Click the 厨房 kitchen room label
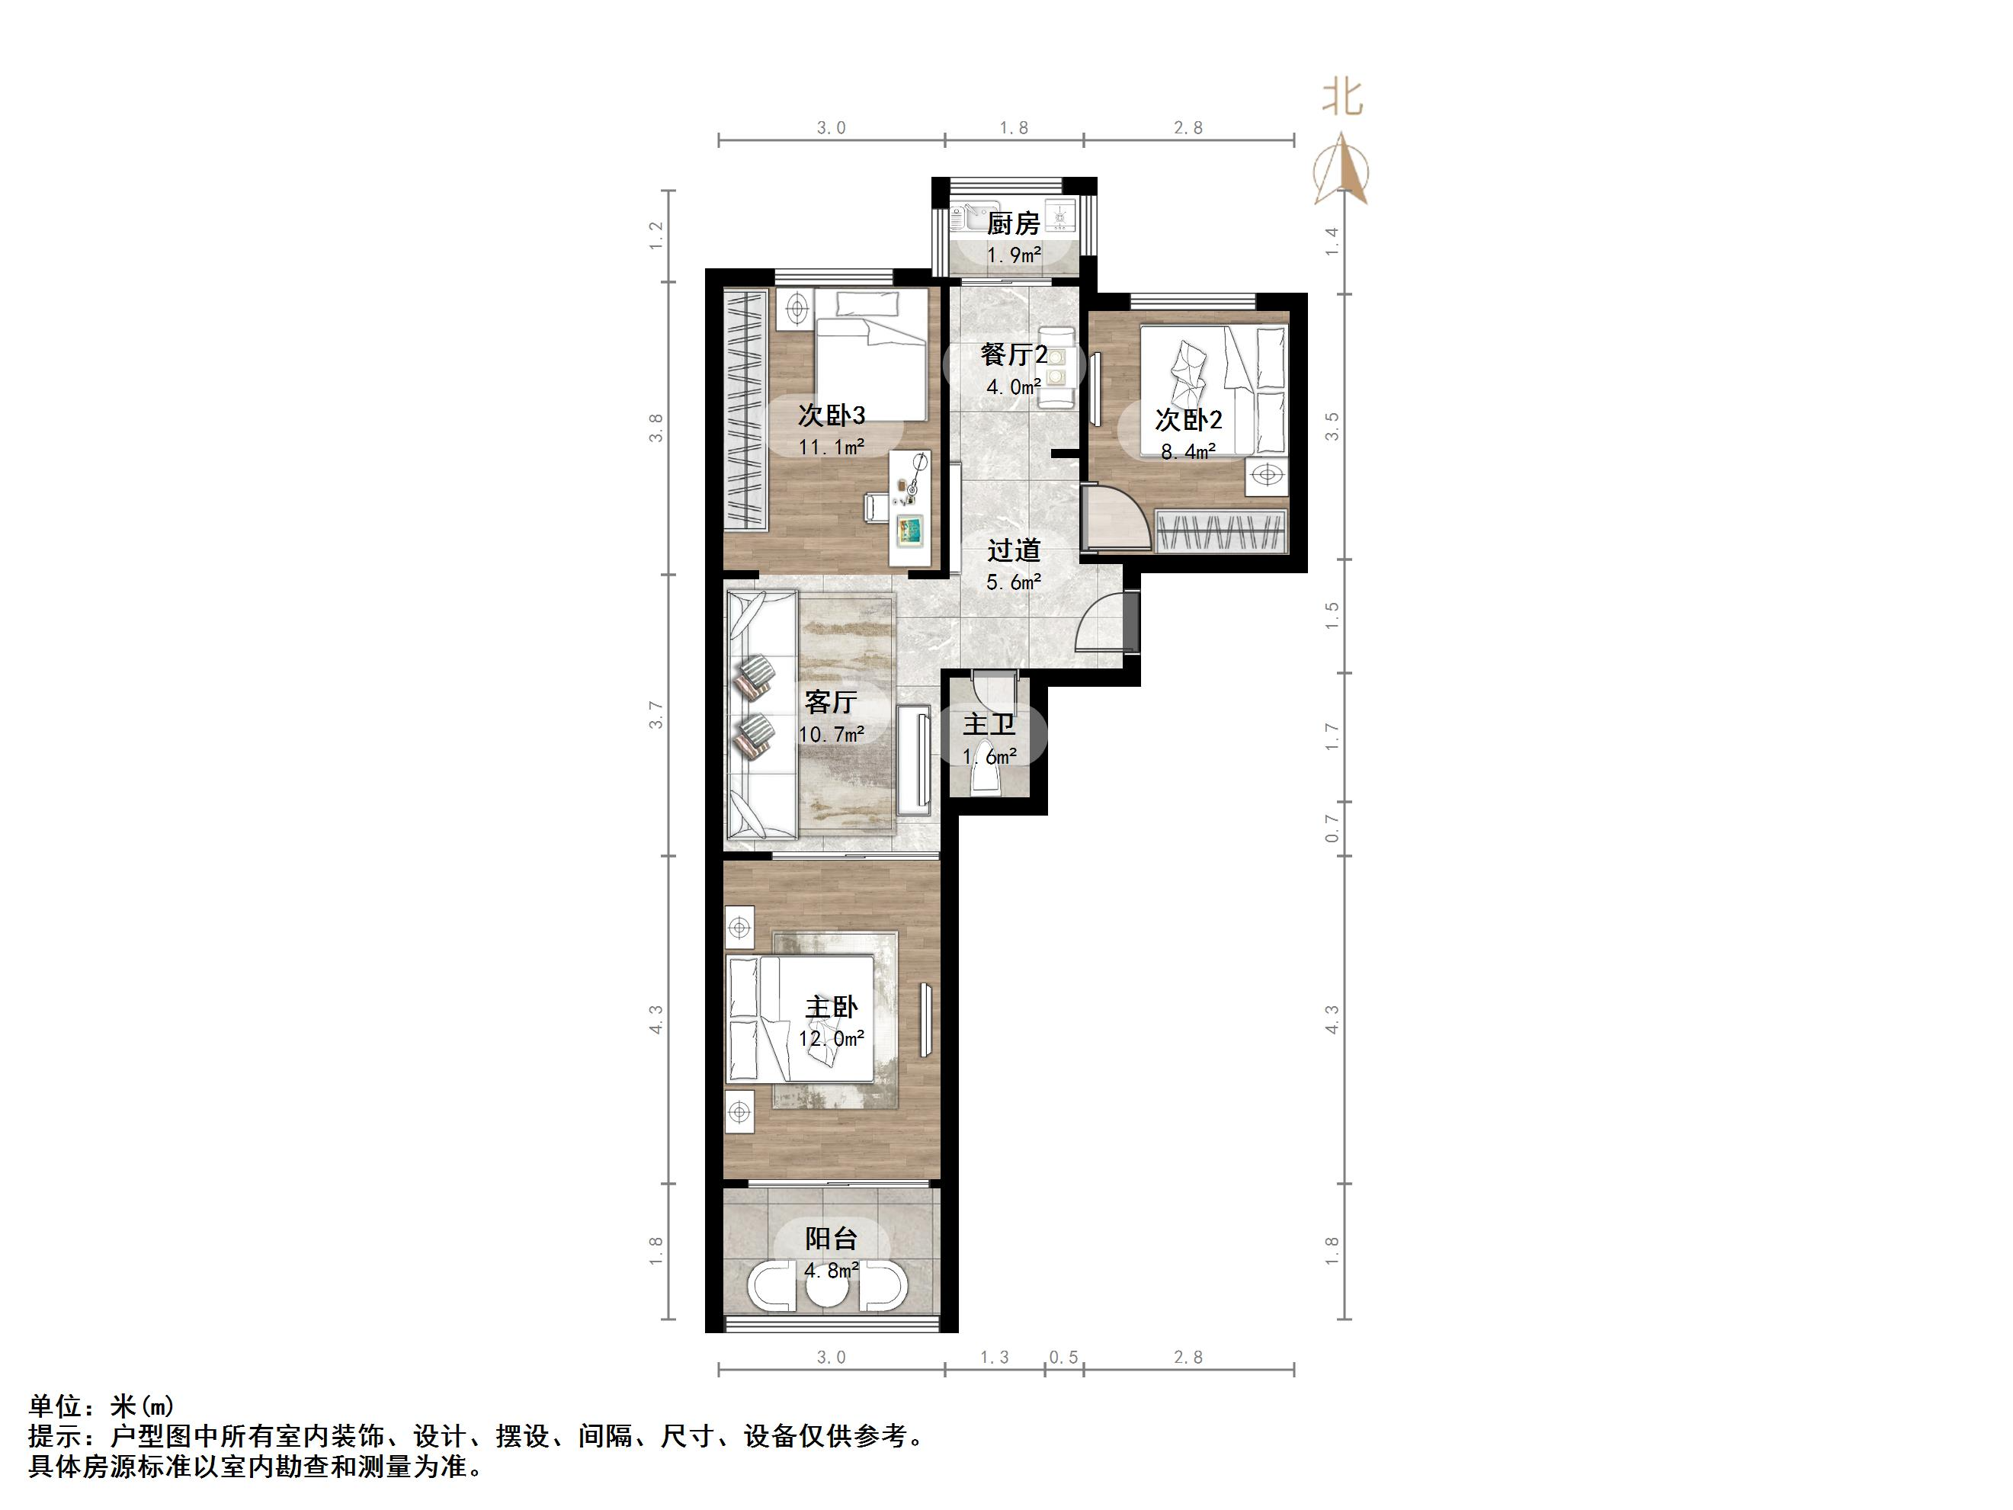click(1013, 224)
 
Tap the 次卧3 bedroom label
click(831, 416)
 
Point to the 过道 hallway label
click(1014, 550)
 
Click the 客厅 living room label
click(830, 702)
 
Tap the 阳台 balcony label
click(831, 1238)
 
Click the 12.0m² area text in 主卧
click(831, 1038)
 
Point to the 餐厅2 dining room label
click(1014, 354)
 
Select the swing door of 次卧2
click(1115, 520)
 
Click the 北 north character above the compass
click(1341, 98)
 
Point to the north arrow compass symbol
click(1341, 169)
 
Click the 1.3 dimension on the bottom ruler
click(994, 1357)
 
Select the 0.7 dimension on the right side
click(1332, 829)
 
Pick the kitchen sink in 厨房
click(974, 219)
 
